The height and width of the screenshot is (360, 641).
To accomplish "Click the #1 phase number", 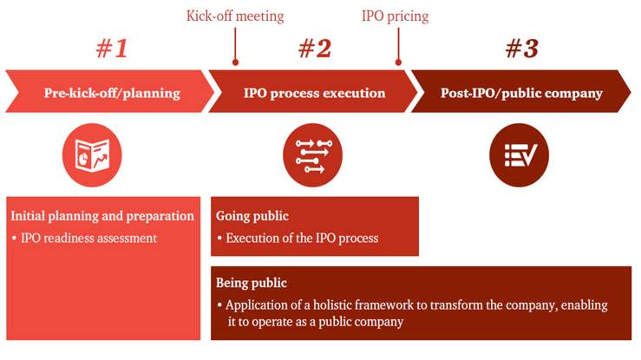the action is pyautogui.click(x=112, y=49).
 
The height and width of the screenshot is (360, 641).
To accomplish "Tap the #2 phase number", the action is pyautogui.click(x=315, y=49).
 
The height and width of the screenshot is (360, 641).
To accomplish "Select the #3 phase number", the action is pyautogui.click(x=521, y=49).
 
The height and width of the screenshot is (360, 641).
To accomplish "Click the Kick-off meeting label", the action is pyautogui.click(x=235, y=16).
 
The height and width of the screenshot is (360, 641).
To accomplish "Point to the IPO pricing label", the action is pyautogui.click(x=396, y=16).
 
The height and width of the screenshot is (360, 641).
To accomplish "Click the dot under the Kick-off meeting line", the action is pyautogui.click(x=235, y=62).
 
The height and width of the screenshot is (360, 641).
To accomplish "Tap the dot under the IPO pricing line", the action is pyautogui.click(x=398, y=62).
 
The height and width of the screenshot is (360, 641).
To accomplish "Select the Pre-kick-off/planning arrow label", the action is pyautogui.click(x=112, y=93).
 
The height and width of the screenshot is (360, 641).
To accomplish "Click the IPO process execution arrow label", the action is pyautogui.click(x=314, y=93).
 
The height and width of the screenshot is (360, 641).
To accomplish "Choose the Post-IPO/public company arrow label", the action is pyautogui.click(x=521, y=93).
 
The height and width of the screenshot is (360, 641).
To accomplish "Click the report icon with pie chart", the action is pyautogui.click(x=92, y=155).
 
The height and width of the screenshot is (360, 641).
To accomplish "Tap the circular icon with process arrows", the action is pyautogui.click(x=313, y=155).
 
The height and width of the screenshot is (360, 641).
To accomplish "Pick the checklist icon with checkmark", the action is pyautogui.click(x=520, y=155).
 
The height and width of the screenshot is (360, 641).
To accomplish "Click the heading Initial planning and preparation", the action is pyautogui.click(x=102, y=216).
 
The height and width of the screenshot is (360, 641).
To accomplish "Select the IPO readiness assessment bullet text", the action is pyautogui.click(x=88, y=238).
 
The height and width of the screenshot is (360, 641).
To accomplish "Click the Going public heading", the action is pyautogui.click(x=252, y=216).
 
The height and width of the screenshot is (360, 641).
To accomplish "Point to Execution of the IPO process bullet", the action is pyautogui.click(x=302, y=238).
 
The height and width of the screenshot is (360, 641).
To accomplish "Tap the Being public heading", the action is pyautogui.click(x=252, y=283).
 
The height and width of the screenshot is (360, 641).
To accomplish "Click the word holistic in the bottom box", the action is pyautogui.click(x=332, y=304).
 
